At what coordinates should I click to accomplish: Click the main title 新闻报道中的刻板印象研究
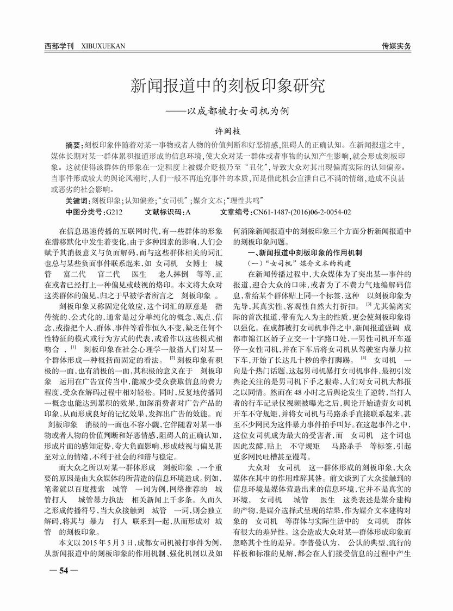pos(227,85)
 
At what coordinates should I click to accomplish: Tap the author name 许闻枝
pos(226,132)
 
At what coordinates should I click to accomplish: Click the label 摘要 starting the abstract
pos(72,146)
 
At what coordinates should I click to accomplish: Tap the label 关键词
pos(75,201)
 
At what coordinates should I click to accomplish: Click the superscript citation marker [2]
pos(172,357)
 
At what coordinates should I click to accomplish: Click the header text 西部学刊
pos(59,46)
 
